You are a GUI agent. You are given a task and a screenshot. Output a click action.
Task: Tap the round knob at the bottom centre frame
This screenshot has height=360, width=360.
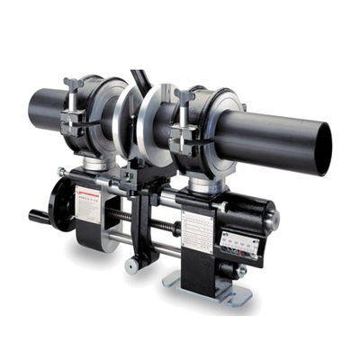coord(131,265)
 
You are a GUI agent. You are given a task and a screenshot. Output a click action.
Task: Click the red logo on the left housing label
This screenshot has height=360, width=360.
coord(89,190)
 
